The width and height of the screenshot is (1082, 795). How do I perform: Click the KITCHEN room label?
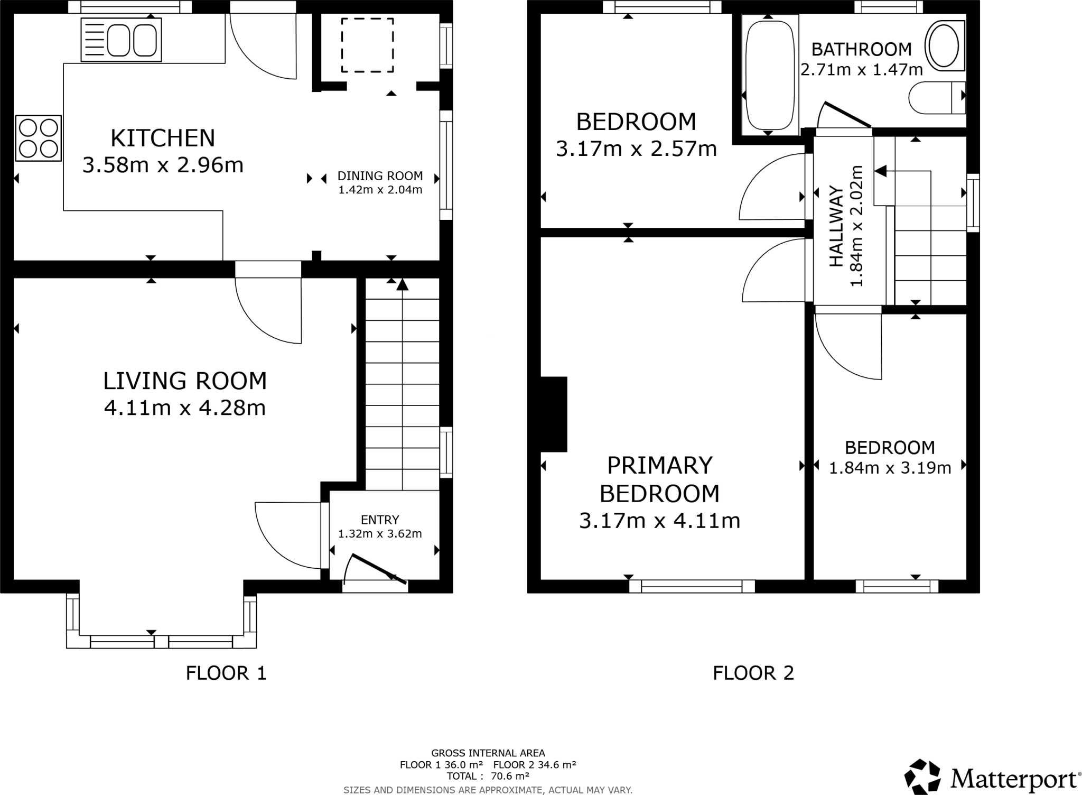163,138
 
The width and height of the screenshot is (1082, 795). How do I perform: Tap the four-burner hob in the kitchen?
39,138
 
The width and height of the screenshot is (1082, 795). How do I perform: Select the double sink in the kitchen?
121,40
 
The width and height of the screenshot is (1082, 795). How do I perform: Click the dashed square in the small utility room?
367,45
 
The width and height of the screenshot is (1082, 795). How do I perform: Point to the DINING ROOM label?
380,176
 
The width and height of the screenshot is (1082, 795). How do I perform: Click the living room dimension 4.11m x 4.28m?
184,408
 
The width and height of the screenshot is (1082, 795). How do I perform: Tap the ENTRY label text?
380,520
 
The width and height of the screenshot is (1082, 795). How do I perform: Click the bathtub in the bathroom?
770,74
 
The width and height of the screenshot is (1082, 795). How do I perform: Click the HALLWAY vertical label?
836,226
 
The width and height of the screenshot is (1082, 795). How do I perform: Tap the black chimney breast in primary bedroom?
554,414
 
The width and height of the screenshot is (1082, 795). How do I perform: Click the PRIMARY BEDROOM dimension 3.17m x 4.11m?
659,521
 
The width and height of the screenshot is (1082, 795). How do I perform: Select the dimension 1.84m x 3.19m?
890,468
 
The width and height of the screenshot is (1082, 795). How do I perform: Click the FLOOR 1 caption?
226,673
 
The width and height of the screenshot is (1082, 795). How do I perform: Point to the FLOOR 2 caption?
753,673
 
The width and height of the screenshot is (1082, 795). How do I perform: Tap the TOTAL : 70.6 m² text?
488,776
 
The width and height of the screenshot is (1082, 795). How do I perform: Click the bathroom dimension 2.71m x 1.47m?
861,69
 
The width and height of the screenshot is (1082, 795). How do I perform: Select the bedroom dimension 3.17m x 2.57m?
636,149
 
